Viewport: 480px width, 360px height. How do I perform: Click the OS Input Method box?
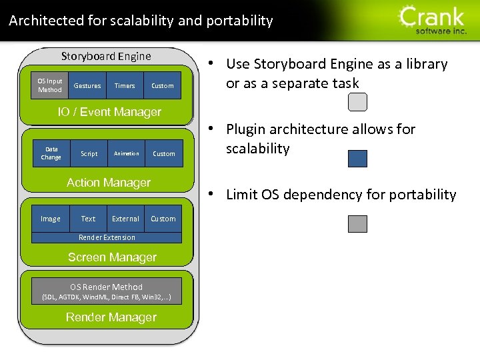point(50,85)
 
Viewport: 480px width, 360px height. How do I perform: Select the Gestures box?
point(87,85)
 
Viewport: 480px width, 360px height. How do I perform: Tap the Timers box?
point(125,85)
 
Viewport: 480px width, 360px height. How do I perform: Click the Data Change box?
point(51,153)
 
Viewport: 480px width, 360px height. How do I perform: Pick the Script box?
point(89,153)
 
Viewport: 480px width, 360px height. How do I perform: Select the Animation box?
point(126,153)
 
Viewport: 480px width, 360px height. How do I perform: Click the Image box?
point(51,219)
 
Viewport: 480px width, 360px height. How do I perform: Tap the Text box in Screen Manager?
point(88,219)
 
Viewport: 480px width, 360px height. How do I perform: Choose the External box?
point(125,219)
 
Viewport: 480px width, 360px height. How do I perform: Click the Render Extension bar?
point(107,237)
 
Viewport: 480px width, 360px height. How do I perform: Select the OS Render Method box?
point(107,291)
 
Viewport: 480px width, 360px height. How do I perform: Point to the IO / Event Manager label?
point(109,112)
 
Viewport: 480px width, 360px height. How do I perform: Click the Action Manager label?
point(109,182)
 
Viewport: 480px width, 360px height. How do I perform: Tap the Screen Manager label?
point(112,257)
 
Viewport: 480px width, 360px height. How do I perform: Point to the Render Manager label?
point(111,317)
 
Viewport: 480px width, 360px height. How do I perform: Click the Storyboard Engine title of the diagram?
point(106,56)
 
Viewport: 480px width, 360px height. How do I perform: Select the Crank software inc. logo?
point(433,20)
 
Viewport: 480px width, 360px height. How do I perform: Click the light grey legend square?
point(357,101)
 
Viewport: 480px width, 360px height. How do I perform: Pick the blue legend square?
point(357,158)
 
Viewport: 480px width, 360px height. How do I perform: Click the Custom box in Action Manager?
point(164,153)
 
